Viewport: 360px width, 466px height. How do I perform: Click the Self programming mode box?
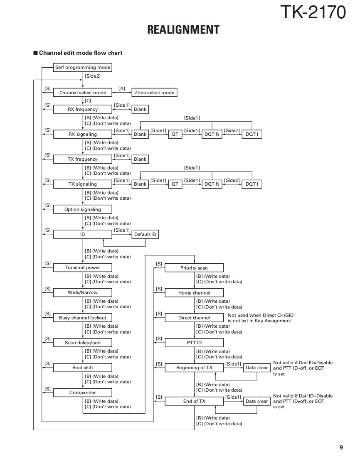coord(83,67)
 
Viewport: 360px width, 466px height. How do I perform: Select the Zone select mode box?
coord(154,93)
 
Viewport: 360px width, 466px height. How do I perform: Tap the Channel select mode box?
coord(83,93)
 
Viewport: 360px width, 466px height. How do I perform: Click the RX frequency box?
coord(83,109)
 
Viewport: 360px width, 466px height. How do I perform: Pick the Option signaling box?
coord(83,209)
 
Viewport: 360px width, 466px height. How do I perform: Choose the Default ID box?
coord(145,234)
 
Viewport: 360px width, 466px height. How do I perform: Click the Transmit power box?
coord(83,267)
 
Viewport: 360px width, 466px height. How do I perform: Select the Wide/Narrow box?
coord(83,292)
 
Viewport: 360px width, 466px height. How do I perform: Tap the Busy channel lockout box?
coord(83,318)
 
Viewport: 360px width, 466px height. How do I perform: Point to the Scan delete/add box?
coord(83,343)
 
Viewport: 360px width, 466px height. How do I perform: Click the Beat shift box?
coord(83,368)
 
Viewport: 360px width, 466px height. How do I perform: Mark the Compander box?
coord(83,392)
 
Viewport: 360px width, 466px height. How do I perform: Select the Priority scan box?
coord(194,268)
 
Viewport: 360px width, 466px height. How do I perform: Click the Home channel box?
coord(194,293)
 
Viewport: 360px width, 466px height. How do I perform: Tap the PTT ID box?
coord(194,343)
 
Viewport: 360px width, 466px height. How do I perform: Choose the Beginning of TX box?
coord(194,368)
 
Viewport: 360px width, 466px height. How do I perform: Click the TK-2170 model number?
coord(313,12)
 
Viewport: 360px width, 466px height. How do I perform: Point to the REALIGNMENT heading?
coord(183,30)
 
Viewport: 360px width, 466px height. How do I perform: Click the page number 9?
coord(341,447)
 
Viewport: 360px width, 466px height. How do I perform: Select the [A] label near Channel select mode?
coord(122,88)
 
